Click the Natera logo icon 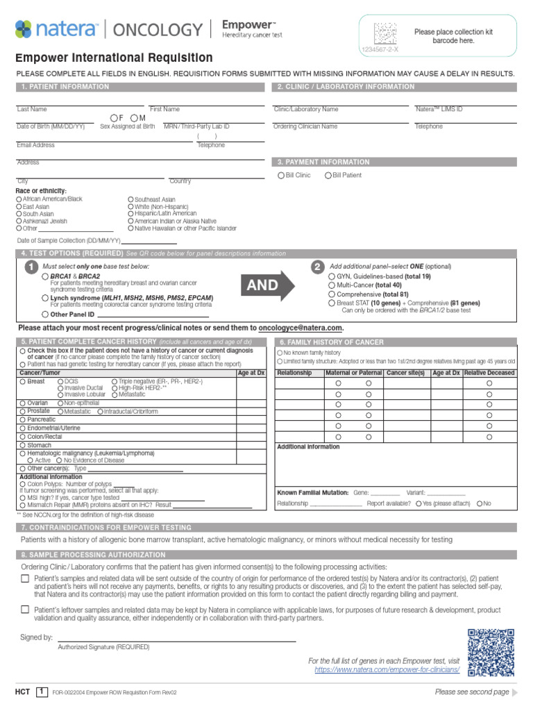coord(23,29)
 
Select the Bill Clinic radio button coord(281,176)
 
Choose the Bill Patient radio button coord(328,176)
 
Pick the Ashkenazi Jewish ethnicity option coord(19,221)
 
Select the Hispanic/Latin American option coord(131,214)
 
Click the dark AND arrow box coord(262,285)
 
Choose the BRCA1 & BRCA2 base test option coord(45,276)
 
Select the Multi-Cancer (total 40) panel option coord(331,285)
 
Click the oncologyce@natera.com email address coord(301,328)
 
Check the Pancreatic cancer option coord(23,420)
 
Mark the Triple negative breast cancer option coord(114,382)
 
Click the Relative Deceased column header coord(489,373)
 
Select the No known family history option coord(280,353)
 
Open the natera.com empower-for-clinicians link coord(387,670)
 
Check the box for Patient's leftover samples coord(25,610)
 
